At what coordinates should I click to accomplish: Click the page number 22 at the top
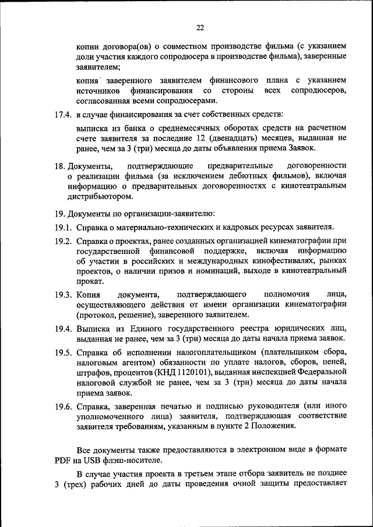(200, 27)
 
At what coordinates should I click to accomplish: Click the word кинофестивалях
(286, 261)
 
